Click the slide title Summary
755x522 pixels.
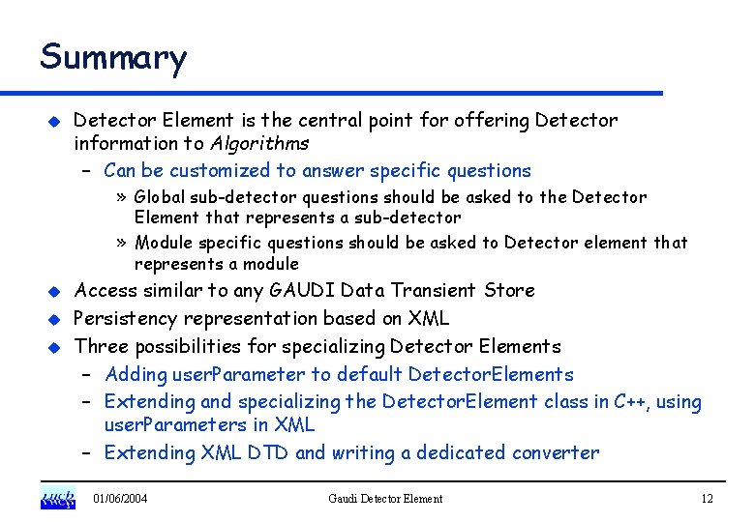coord(112,58)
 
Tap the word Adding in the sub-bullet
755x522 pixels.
coord(136,374)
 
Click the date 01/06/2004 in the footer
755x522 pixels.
coord(120,499)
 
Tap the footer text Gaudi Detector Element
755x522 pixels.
coord(385,499)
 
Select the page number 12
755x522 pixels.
coord(706,499)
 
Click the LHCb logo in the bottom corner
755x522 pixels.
coord(57,499)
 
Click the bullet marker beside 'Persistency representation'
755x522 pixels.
coord(55,318)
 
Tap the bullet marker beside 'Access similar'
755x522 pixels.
coord(55,290)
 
